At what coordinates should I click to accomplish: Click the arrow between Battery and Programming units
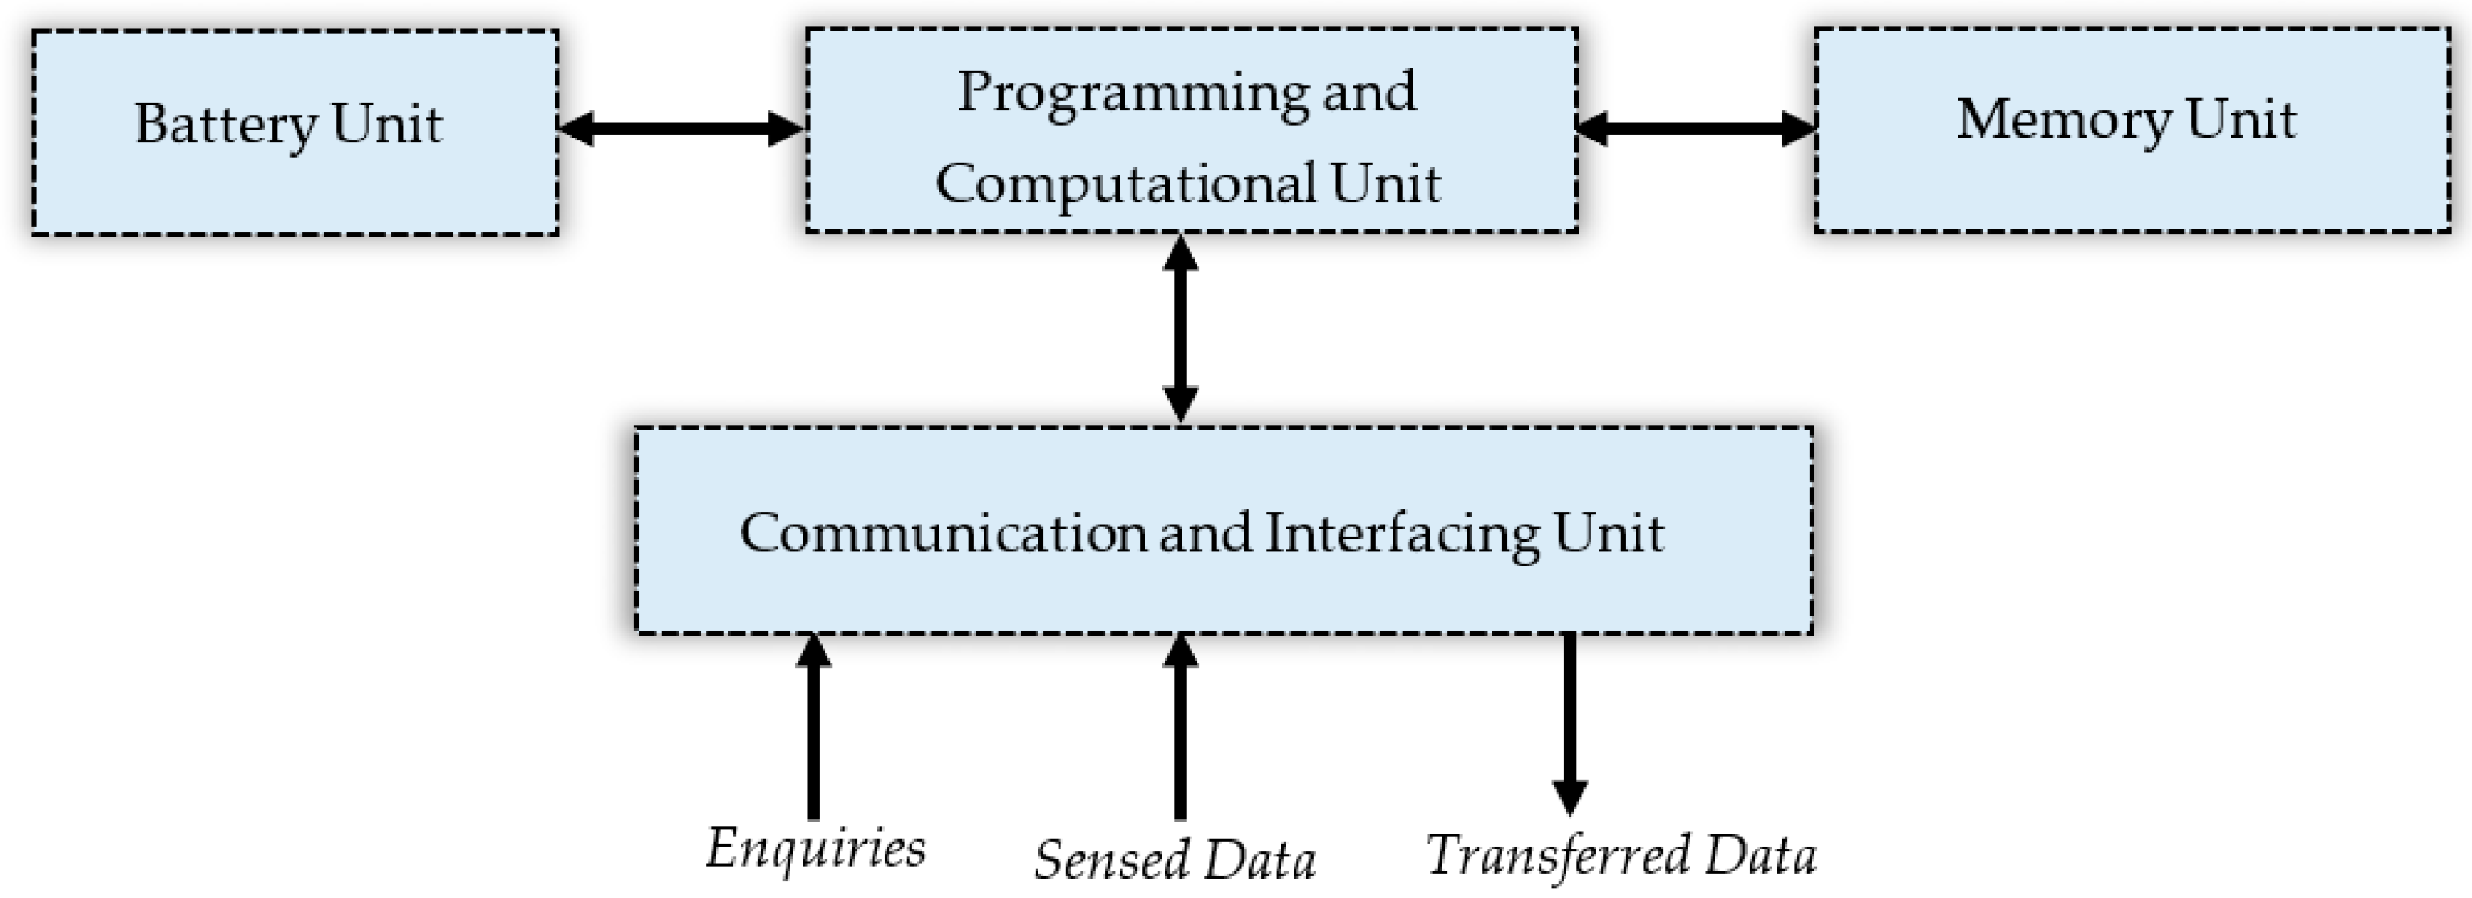(681, 128)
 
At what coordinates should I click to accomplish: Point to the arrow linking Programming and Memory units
(1696, 128)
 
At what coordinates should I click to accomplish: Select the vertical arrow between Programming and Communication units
(1180, 328)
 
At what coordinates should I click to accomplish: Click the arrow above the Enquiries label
(814, 729)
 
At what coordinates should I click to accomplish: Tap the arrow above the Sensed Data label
(1180, 729)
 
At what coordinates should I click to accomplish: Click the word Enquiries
(815, 848)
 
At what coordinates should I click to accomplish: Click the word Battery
(226, 125)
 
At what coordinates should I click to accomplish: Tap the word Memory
(2063, 121)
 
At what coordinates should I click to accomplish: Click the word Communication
(943, 533)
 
